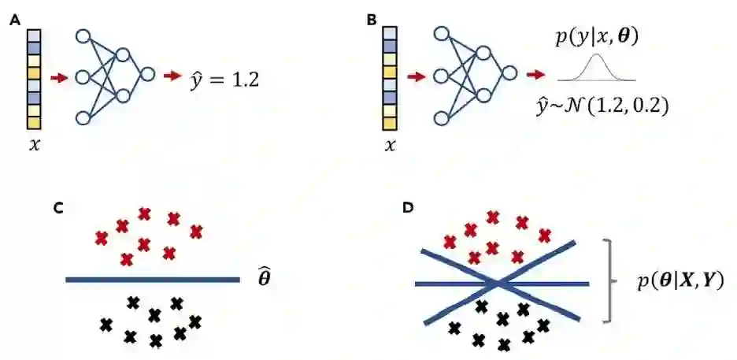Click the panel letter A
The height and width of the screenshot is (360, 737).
(14, 21)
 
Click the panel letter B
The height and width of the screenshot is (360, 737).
(372, 21)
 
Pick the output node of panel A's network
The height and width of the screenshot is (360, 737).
(146, 76)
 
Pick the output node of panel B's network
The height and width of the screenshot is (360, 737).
(509, 76)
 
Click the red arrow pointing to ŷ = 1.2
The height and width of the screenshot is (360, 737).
(172, 76)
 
